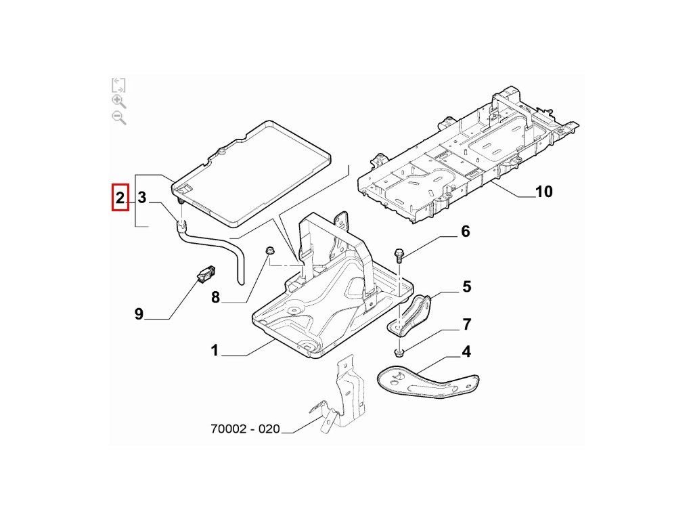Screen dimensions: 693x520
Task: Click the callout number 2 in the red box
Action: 120,198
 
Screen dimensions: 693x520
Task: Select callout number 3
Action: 142,198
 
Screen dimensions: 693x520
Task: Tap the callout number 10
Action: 543,192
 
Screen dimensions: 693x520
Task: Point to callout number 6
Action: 465,232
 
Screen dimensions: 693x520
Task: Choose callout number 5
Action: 467,287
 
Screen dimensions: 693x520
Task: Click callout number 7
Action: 466,324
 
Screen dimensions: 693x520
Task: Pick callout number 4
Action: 466,352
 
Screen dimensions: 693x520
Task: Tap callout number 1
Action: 215,351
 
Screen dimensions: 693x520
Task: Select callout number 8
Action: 216,297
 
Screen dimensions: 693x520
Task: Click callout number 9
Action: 139,314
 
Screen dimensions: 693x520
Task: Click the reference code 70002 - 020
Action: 245,429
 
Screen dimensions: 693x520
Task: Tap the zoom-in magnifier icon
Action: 118,102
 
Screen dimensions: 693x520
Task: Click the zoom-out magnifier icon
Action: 118,118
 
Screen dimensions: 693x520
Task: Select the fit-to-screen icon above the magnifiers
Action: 118,85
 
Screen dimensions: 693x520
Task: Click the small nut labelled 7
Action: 397,352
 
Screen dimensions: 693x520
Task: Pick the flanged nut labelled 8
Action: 269,253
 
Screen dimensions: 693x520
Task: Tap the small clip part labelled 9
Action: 206,274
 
